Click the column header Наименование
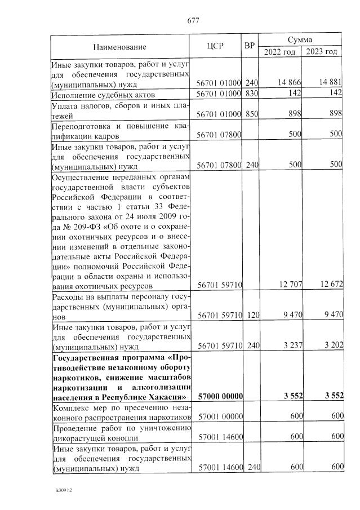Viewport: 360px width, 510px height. (x=119, y=47)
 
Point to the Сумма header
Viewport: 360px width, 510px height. (x=300, y=41)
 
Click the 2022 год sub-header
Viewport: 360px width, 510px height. (x=280, y=52)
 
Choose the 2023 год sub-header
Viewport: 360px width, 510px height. (x=322, y=52)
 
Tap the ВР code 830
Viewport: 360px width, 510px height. (x=251, y=94)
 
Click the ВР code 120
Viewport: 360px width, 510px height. (x=251, y=315)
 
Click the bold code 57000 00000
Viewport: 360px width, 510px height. (x=219, y=396)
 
